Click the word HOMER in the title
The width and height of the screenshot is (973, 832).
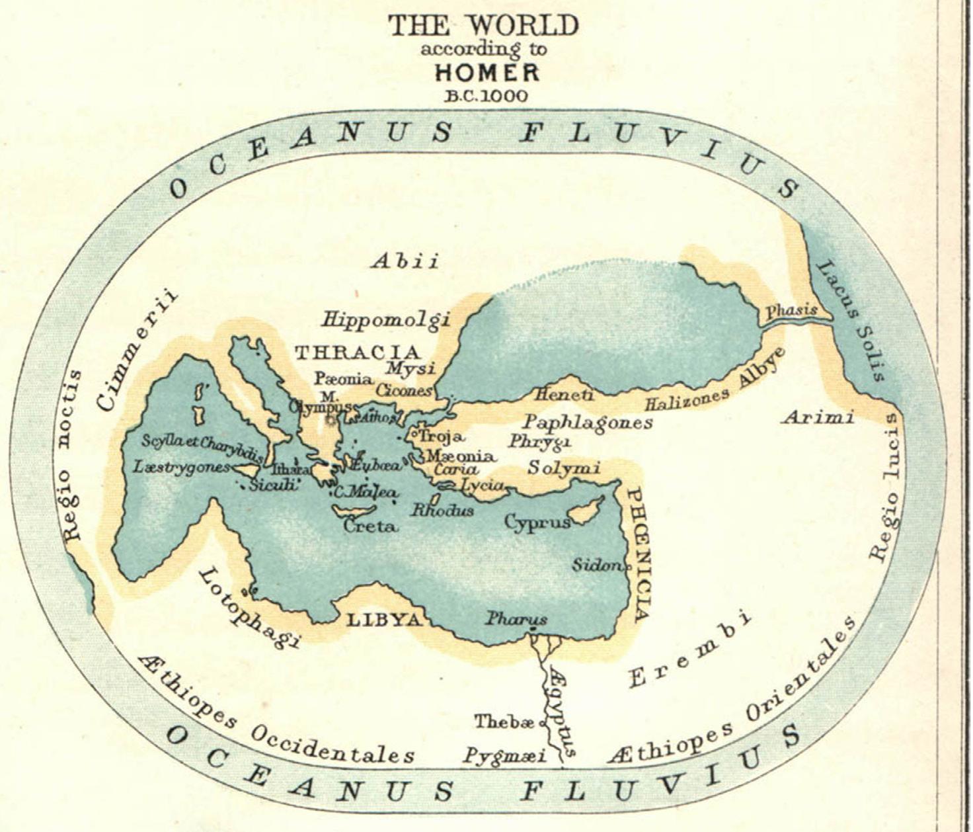(x=487, y=72)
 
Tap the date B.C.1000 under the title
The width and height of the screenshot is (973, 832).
(x=486, y=96)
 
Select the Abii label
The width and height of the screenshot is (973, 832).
(x=405, y=262)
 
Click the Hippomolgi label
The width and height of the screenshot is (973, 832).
(x=386, y=320)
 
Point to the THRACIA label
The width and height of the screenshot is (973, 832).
(x=357, y=353)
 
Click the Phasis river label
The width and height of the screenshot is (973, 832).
(x=791, y=310)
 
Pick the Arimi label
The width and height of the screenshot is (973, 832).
(x=818, y=417)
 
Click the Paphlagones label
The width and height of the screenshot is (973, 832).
(x=588, y=421)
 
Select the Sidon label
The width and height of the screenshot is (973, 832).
(x=596, y=565)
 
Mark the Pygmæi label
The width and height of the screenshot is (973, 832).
(x=504, y=755)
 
